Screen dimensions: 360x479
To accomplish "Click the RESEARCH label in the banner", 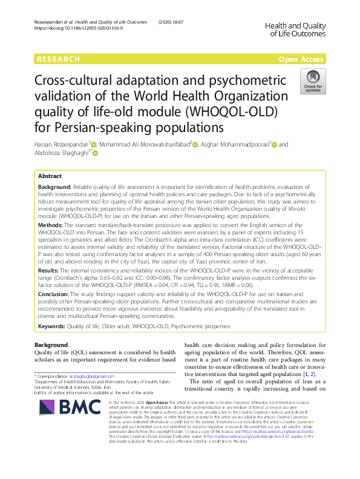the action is point(58,59).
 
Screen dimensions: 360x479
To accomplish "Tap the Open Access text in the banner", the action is point(301,59).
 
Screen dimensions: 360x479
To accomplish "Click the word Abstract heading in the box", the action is point(50,175).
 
